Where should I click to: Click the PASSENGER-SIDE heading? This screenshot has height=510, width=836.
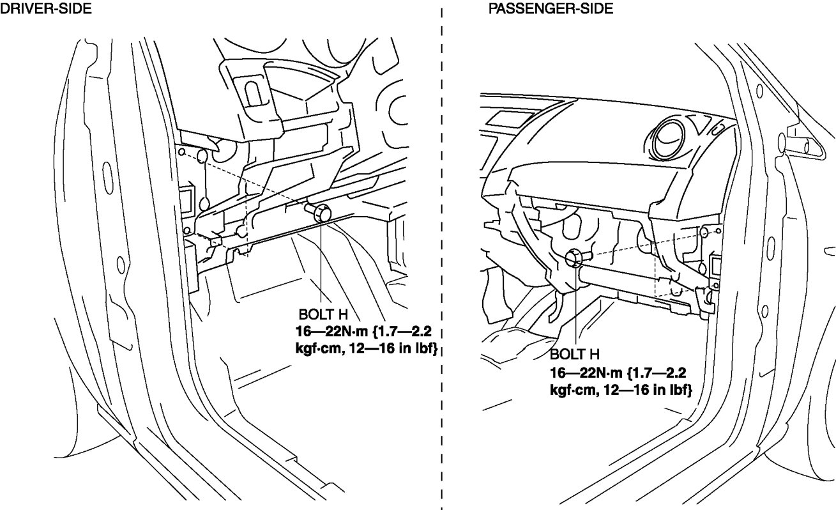coord(551,8)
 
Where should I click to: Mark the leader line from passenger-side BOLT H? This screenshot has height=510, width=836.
coord(576,307)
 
